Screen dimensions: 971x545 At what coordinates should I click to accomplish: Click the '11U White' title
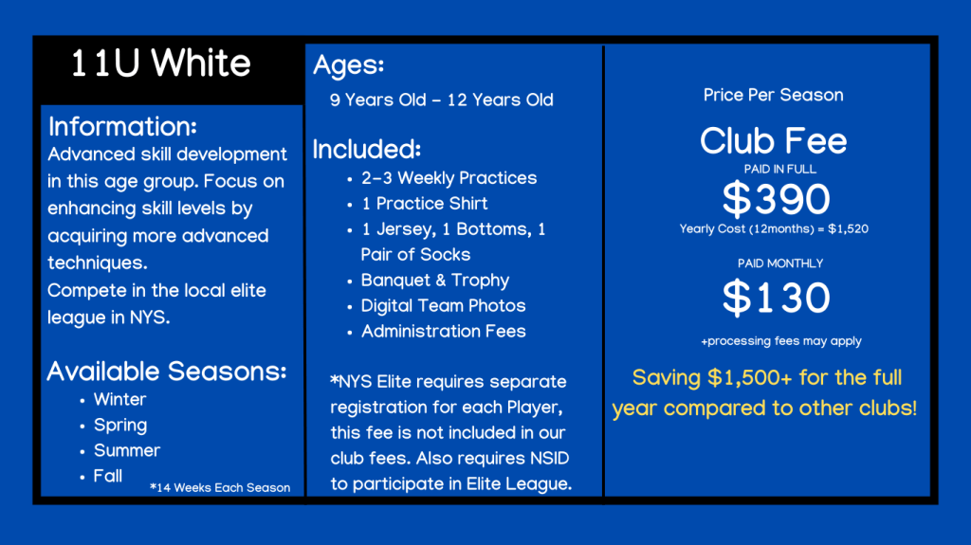click(x=161, y=64)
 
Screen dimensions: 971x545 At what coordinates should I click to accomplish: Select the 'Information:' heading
click(x=122, y=126)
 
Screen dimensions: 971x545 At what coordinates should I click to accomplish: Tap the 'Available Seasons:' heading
click(x=167, y=371)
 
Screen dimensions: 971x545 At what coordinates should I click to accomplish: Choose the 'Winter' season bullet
click(x=120, y=399)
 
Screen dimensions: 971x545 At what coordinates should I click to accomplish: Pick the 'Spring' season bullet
click(x=120, y=426)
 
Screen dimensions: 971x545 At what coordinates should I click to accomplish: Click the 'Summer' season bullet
click(x=127, y=450)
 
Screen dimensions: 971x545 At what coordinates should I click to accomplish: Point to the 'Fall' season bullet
click(x=108, y=476)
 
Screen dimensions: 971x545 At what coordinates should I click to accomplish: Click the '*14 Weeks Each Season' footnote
click(x=220, y=487)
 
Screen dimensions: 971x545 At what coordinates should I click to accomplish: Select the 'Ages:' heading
click(x=349, y=65)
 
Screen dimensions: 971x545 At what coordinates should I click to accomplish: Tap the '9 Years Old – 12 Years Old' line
click(x=442, y=100)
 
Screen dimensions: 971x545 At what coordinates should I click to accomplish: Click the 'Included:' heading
click(x=367, y=149)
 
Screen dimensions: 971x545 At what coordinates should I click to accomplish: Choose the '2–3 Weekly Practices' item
click(x=449, y=178)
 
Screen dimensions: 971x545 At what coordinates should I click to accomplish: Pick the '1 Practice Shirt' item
click(x=425, y=204)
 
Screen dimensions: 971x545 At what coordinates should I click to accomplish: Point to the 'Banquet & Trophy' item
click(x=435, y=281)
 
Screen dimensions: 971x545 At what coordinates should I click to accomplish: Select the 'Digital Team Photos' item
click(x=444, y=306)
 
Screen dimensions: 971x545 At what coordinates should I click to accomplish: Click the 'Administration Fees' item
click(x=444, y=332)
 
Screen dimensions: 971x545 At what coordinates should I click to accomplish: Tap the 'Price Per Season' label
click(x=774, y=95)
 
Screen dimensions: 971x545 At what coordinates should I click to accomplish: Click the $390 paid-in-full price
click(x=777, y=199)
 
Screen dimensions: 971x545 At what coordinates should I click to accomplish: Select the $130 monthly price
click(x=777, y=298)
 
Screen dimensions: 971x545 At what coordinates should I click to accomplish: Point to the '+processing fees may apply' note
click(x=781, y=341)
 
